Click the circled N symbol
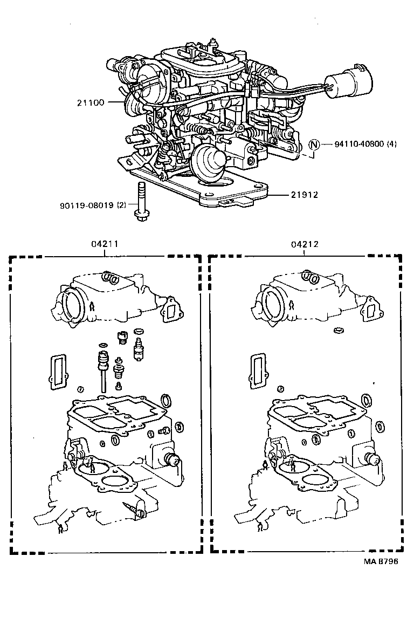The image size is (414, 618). [x=314, y=145]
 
